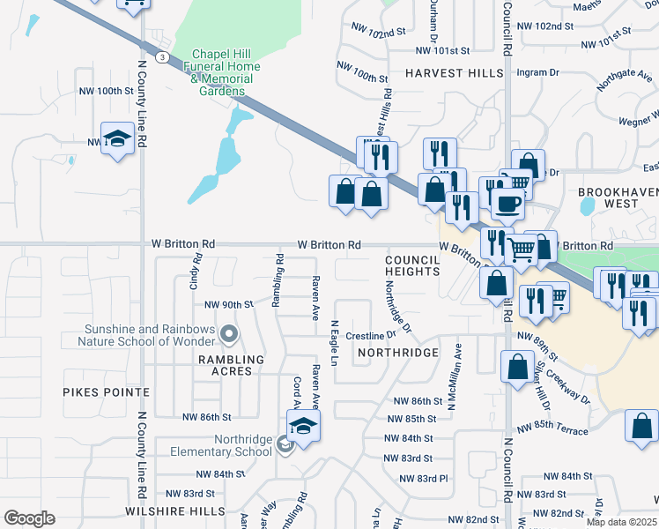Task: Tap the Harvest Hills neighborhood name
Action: click(x=454, y=74)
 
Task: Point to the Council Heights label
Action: click(x=412, y=265)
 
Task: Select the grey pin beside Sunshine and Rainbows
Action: click(x=229, y=333)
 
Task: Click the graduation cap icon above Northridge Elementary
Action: click(x=303, y=427)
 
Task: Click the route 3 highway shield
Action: click(x=162, y=57)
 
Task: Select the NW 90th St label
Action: click(x=228, y=304)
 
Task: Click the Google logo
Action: click(x=30, y=518)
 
